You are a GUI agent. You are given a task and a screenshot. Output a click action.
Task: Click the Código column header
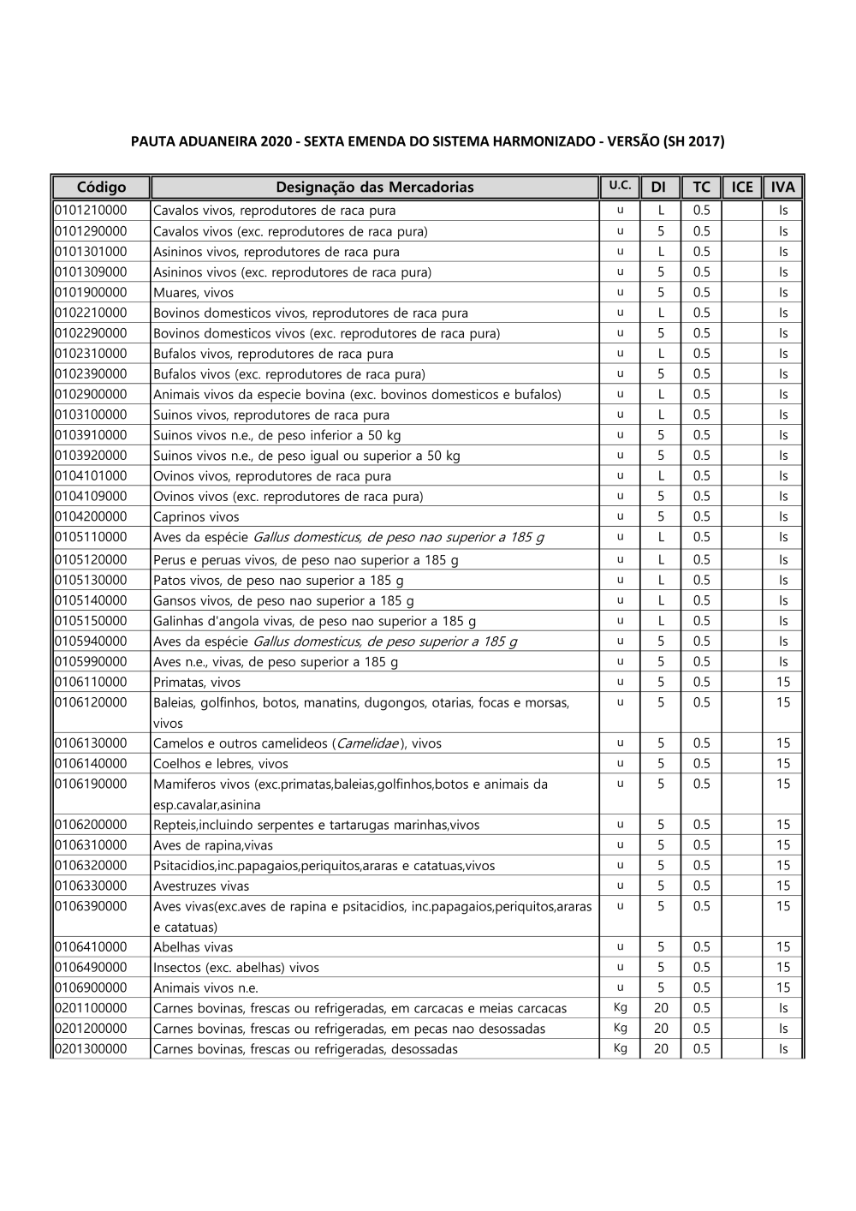[101, 187]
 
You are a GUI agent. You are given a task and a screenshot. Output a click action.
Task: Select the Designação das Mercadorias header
[374, 187]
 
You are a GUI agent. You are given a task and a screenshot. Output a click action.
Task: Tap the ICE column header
[742, 187]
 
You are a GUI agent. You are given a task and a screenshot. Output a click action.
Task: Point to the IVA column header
[782, 187]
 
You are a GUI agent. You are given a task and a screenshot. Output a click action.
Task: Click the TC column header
[701, 187]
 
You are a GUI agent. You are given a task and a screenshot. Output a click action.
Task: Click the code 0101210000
[91, 210]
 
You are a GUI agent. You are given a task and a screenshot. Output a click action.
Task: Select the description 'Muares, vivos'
[193, 293]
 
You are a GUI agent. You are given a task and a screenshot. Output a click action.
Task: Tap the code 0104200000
[91, 516]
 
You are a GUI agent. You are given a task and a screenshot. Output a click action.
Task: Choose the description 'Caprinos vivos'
[196, 517]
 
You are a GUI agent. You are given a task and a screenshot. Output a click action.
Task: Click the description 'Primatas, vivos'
[197, 683]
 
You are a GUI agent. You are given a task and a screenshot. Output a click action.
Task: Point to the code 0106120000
[91, 702]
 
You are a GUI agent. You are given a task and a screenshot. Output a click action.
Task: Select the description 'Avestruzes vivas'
[201, 886]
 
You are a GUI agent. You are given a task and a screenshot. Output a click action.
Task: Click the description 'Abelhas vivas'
[193, 947]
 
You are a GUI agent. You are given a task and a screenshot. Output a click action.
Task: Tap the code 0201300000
[91, 1049]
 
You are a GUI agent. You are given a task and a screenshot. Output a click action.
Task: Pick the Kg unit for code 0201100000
[621, 1008]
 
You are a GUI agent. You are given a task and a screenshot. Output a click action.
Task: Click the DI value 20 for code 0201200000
[661, 1029]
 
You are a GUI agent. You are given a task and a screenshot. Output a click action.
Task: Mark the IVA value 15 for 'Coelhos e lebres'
[783, 764]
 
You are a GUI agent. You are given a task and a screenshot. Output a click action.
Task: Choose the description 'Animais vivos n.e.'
[205, 988]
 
